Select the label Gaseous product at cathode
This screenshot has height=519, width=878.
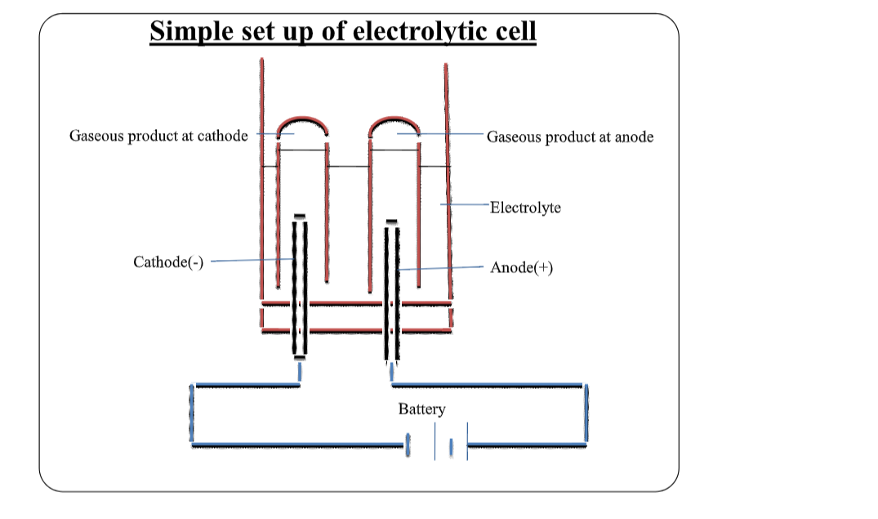click(x=158, y=136)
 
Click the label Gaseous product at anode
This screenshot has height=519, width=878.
click(x=570, y=136)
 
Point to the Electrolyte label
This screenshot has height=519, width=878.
click(x=525, y=208)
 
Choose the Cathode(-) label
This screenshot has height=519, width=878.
click(x=168, y=262)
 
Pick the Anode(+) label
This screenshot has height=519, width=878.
click(x=521, y=267)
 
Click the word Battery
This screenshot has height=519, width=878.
click(x=421, y=409)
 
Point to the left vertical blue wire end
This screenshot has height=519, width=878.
click(x=192, y=414)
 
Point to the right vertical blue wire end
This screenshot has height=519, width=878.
click(x=586, y=414)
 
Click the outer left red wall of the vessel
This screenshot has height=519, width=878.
click(x=261, y=180)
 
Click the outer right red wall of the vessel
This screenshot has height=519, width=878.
click(x=448, y=180)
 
